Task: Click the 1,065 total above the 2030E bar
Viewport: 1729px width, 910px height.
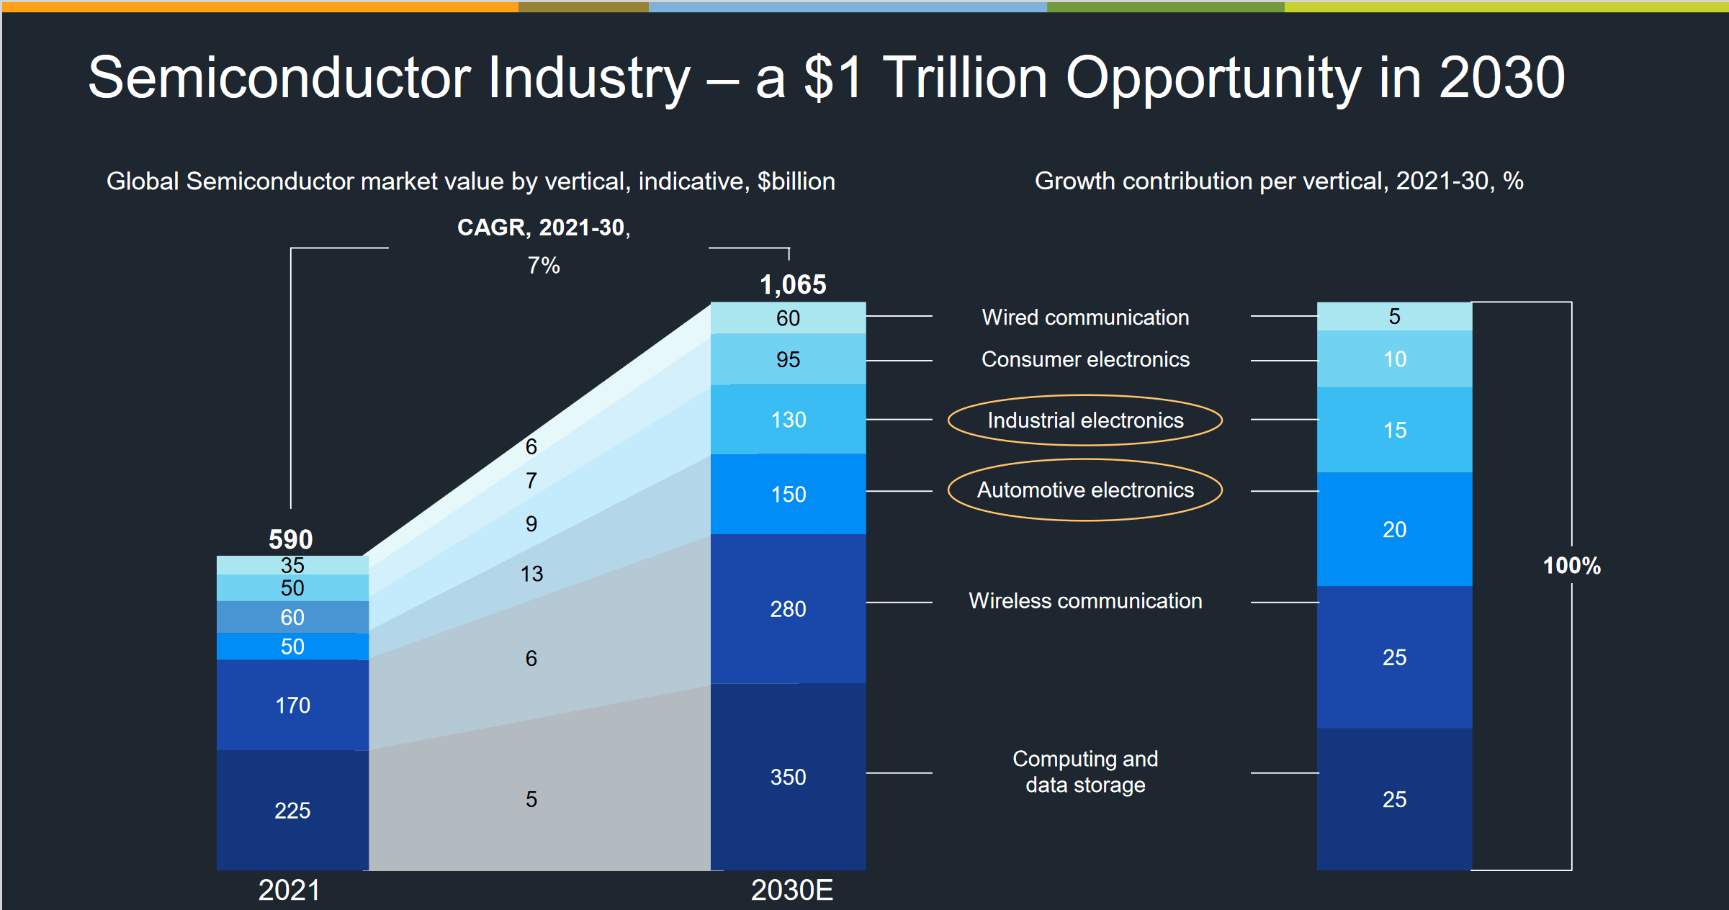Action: tap(792, 284)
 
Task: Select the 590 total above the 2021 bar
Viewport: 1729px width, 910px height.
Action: tap(290, 539)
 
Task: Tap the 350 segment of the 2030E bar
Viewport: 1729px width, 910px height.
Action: tap(788, 777)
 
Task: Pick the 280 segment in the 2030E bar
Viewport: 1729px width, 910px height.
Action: tap(788, 609)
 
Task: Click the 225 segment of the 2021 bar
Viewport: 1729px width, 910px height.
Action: tap(292, 811)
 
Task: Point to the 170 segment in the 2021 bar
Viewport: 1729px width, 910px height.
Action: tap(292, 705)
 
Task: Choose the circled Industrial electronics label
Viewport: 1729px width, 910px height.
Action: tap(1084, 420)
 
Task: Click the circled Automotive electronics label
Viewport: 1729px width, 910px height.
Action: tap(1084, 490)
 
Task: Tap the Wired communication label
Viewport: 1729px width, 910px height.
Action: tap(1084, 317)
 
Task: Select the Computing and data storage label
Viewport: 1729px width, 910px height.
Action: tap(1084, 772)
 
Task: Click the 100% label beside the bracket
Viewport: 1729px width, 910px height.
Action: tap(1571, 566)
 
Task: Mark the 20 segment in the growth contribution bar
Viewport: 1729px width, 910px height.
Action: tap(1394, 530)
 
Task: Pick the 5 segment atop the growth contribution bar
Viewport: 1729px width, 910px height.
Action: tap(1394, 317)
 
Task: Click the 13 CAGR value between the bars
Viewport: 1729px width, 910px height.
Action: tap(531, 574)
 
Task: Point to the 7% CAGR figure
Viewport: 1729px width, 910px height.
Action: tap(543, 266)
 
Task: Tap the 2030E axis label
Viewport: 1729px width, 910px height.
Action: tap(791, 891)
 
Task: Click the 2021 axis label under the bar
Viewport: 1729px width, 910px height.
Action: tap(289, 891)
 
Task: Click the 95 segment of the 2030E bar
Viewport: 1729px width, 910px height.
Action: tap(788, 359)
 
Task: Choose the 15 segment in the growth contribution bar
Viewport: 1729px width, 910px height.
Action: tap(1394, 431)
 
